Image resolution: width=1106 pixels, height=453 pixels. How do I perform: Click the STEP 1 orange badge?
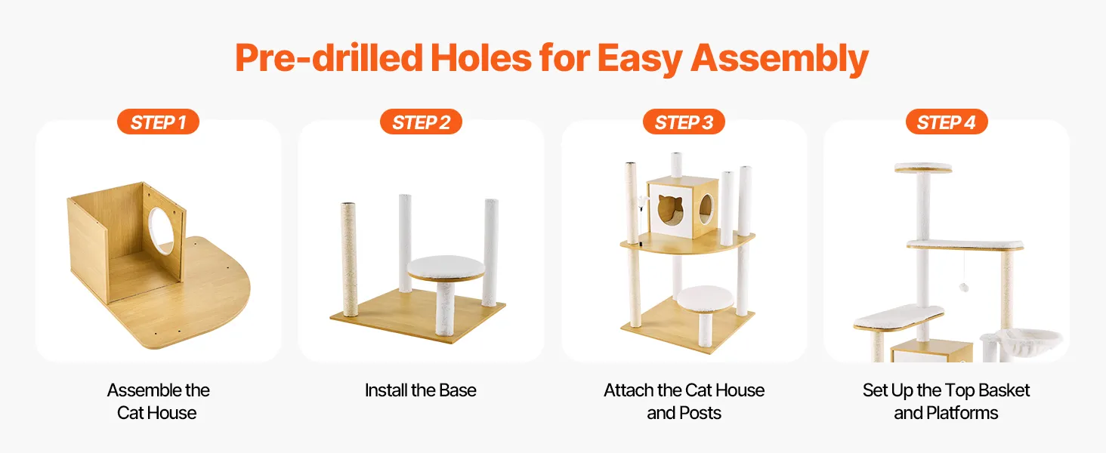[x=158, y=122]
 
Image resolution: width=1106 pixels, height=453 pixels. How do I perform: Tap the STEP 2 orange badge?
[x=421, y=122]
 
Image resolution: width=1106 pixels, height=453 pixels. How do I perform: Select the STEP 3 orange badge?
[x=684, y=122]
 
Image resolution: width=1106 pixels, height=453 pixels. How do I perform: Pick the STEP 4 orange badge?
[x=947, y=122]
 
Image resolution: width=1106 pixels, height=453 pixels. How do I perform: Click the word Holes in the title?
[x=481, y=58]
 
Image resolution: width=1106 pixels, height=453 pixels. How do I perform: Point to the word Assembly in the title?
[x=779, y=59]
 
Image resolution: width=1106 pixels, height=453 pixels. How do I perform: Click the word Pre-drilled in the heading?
[x=329, y=58]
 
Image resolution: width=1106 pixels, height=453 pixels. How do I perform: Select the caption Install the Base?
[x=421, y=390]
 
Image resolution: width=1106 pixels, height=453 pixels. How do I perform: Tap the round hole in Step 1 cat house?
[x=162, y=230]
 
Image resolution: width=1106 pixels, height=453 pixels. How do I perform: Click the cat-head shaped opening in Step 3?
[x=671, y=210]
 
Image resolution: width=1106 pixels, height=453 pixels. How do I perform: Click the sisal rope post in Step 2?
[x=349, y=259]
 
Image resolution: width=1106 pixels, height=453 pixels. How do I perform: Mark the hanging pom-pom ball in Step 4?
[x=964, y=287]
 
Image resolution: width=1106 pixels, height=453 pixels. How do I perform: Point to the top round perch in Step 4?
[x=923, y=168]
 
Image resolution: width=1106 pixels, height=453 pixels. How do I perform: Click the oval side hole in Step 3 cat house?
[x=706, y=208]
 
